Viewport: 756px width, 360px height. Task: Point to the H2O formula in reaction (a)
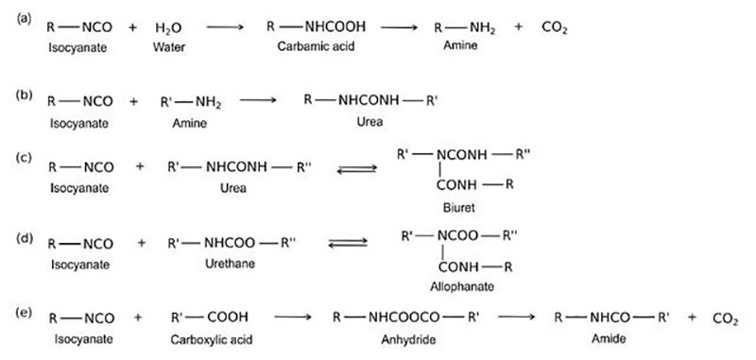click(168, 29)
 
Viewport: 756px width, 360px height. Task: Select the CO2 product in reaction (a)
click(555, 29)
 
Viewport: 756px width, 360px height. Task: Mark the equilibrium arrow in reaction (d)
click(347, 243)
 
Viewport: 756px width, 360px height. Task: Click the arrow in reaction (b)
click(259, 99)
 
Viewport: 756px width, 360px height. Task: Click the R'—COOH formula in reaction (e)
click(209, 318)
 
